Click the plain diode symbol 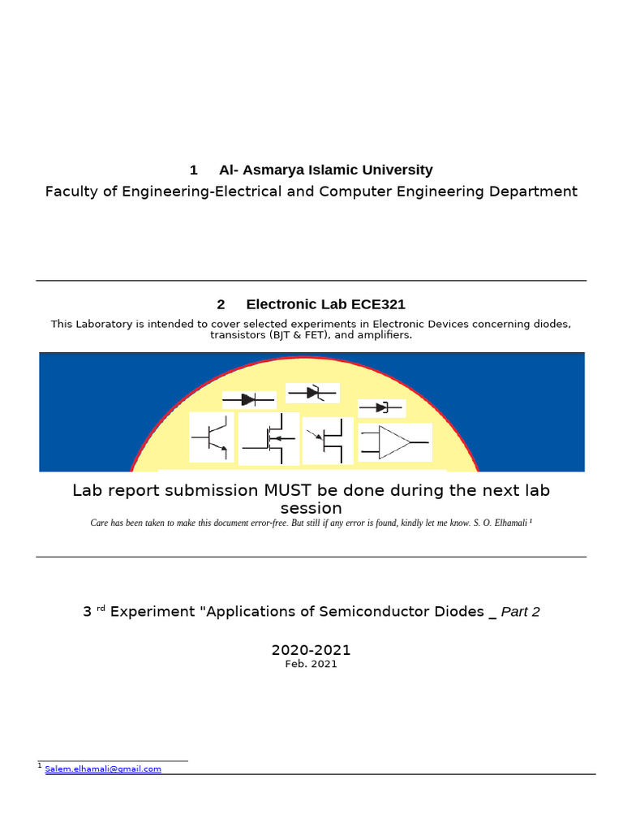(249, 399)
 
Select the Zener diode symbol (312, 393)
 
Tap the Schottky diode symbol (381, 407)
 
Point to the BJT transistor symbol (212, 437)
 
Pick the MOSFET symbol (269, 439)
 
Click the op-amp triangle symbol (395, 442)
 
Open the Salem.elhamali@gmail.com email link (103, 769)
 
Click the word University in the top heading (399, 170)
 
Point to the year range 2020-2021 (311, 650)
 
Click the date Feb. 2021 (311, 664)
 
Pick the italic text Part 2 (520, 611)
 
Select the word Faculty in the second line (71, 192)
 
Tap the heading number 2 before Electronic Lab (221, 304)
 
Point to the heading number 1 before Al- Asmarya (194, 170)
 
